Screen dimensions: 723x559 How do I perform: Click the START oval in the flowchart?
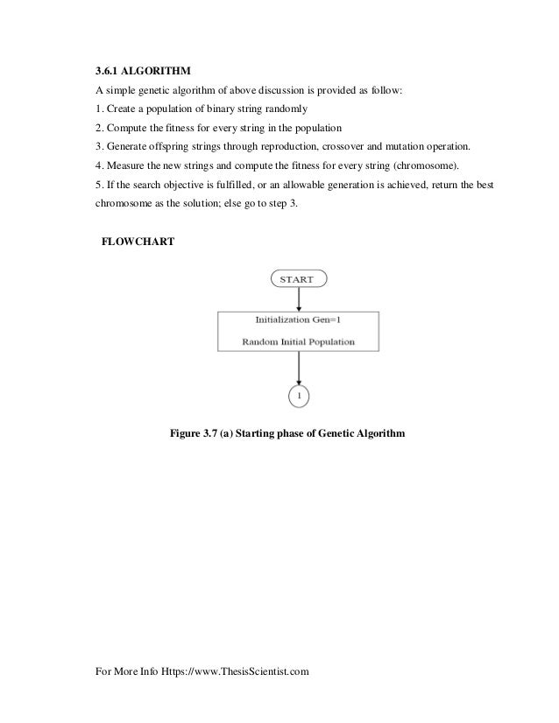[x=299, y=279]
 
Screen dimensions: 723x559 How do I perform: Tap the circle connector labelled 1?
[x=299, y=396]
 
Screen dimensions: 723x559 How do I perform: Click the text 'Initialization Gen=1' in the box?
[x=299, y=321]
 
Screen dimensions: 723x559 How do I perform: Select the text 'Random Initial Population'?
[x=299, y=342]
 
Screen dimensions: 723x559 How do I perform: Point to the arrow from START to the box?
[x=299, y=299]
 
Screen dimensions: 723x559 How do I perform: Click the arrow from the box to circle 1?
[x=299, y=368]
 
